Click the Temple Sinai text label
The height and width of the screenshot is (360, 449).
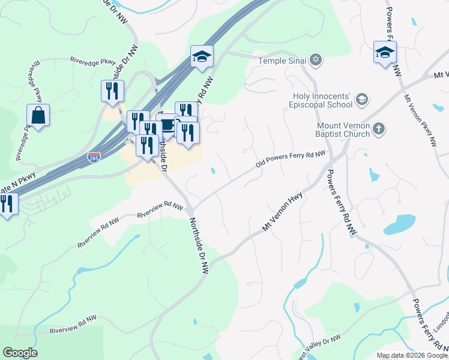tap(283, 61)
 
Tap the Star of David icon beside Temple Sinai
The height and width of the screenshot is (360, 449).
tap(316, 60)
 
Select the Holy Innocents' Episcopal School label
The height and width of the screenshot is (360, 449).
tap(322, 100)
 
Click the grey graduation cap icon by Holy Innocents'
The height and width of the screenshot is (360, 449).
tap(361, 99)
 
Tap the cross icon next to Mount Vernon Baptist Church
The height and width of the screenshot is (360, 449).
tap(378, 128)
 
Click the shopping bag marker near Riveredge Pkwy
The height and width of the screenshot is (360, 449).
tap(38, 115)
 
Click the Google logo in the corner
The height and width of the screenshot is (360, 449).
tap(20, 353)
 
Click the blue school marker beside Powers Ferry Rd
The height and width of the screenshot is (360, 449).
tap(385, 52)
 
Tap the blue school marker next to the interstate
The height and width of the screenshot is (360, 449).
tap(202, 56)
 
